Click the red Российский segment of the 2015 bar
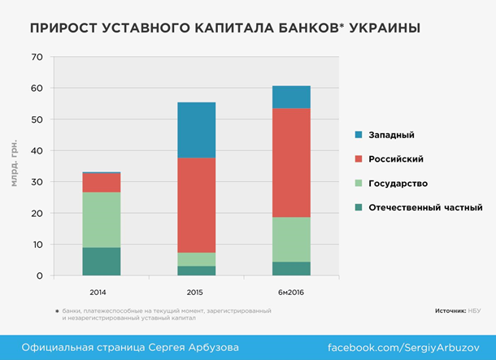coord(196,205)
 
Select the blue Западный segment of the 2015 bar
coord(196,130)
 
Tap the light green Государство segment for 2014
coord(101,219)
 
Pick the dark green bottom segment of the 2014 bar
coord(101,262)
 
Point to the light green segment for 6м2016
coord(290,239)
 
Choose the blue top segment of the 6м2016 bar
coord(290,97)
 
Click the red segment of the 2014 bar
coord(101,183)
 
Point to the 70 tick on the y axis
coord(35,57)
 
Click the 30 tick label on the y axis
coord(35,182)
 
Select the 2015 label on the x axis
coord(196,290)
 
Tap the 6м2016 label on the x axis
coord(290,290)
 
